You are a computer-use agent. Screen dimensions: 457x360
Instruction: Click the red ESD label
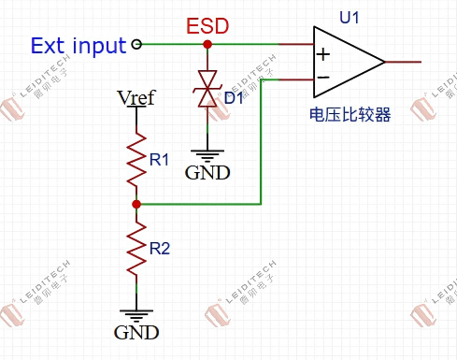coord(207,26)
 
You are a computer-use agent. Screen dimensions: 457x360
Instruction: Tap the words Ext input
coord(79,46)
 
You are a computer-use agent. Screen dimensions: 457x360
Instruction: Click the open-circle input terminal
coord(136,44)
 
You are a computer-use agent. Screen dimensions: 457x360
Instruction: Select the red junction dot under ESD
coord(207,44)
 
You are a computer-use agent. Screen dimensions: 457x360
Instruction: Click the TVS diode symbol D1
coord(207,89)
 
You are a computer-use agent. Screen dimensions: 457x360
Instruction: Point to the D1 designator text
coord(234,98)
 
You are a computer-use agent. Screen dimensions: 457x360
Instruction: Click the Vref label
coord(136,97)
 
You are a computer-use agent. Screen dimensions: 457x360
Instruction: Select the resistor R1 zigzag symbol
coord(136,160)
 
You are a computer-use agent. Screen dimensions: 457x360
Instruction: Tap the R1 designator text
coord(159,160)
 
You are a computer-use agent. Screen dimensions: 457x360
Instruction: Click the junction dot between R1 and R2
coord(136,204)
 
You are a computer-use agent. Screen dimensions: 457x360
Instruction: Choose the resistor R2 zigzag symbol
coord(136,249)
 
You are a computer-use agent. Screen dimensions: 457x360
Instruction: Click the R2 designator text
coord(160,249)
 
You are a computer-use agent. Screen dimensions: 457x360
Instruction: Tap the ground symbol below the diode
coord(207,156)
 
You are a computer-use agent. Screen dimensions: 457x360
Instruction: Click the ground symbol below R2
coord(136,316)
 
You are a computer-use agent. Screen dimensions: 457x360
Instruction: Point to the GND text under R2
coord(136,333)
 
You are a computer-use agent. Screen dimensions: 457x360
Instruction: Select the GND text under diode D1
coord(207,173)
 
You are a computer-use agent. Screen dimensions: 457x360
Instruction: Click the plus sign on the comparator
coord(323,54)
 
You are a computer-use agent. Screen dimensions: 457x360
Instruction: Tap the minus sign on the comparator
coord(323,77)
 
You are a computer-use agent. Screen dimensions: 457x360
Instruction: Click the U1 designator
coord(349,18)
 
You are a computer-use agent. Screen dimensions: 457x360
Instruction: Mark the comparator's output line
coord(403,62)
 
